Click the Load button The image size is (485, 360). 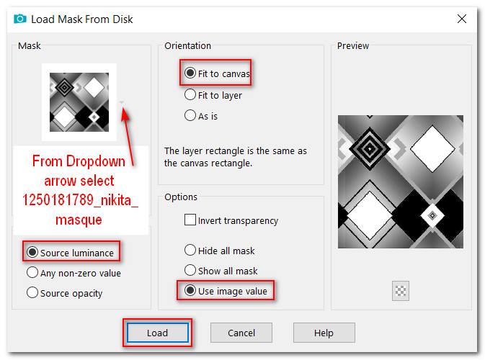(157, 333)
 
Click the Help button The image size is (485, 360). (324, 333)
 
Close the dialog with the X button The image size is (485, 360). (461, 19)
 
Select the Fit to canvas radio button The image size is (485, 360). (190, 73)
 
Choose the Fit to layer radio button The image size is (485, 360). (190, 94)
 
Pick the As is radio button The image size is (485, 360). (190, 116)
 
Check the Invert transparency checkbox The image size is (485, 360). (190, 220)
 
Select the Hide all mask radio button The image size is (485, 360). (190, 250)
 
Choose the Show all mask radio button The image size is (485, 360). (190, 270)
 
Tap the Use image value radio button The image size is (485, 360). (190, 290)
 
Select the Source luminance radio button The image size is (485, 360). (32, 252)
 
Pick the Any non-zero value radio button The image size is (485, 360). (32, 273)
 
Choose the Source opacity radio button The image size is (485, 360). (32, 292)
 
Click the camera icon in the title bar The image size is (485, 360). (20, 19)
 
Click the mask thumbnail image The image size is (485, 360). (79, 102)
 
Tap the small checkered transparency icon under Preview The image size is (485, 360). (401, 291)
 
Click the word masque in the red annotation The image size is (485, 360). (79, 220)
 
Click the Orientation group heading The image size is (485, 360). (188, 46)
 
